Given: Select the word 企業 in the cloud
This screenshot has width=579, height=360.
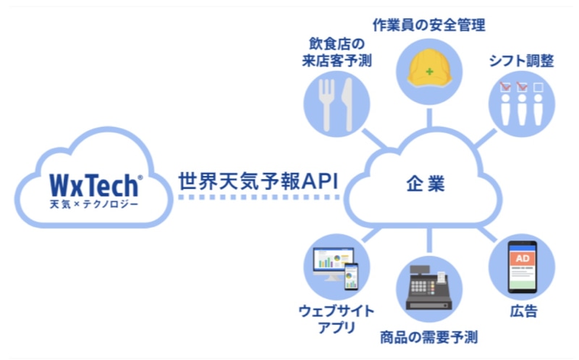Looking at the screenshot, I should click(x=424, y=183).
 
